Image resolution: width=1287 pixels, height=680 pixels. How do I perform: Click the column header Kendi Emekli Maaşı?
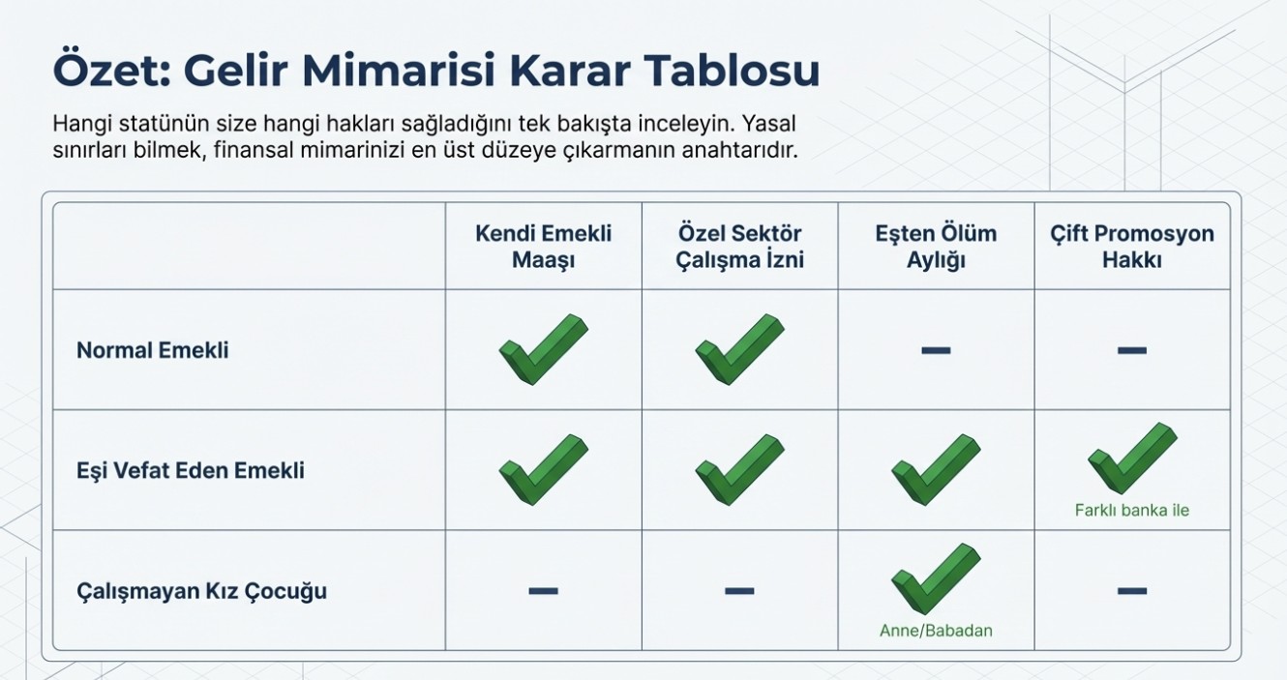(x=543, y=247)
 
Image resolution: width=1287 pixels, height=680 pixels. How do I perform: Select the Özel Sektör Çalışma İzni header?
(x=739, y=247)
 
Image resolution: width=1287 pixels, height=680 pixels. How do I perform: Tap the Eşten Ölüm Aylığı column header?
(x=936, y=247)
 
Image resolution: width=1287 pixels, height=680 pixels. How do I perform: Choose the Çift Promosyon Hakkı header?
(x=1132, y=247)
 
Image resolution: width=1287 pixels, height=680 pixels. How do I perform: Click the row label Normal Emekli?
(x=152, y=350)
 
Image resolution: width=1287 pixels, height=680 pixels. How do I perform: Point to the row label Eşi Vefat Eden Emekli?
(x=191, y=470)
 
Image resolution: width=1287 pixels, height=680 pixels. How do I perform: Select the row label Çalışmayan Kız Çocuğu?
(x=201, y=591)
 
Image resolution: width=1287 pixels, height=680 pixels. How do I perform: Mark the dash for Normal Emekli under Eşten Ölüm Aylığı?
(x=936, y=350)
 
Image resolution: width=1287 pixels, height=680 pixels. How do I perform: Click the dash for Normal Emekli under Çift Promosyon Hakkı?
(x=1132, y=350)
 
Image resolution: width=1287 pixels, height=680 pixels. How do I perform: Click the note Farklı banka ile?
(x=1132, y=510)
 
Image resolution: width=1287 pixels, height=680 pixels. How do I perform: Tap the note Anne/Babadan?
(x=936, y=631)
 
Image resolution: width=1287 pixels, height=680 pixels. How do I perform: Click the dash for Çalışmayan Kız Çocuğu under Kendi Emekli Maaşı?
(x=543, y=591)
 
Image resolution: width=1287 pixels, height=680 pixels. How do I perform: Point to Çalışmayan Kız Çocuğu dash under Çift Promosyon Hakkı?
(x=1132, y=591)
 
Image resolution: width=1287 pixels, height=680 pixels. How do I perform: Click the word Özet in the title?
(x=112, y=71)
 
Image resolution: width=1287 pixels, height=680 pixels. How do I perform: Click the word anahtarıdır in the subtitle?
(x=740, y=151)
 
